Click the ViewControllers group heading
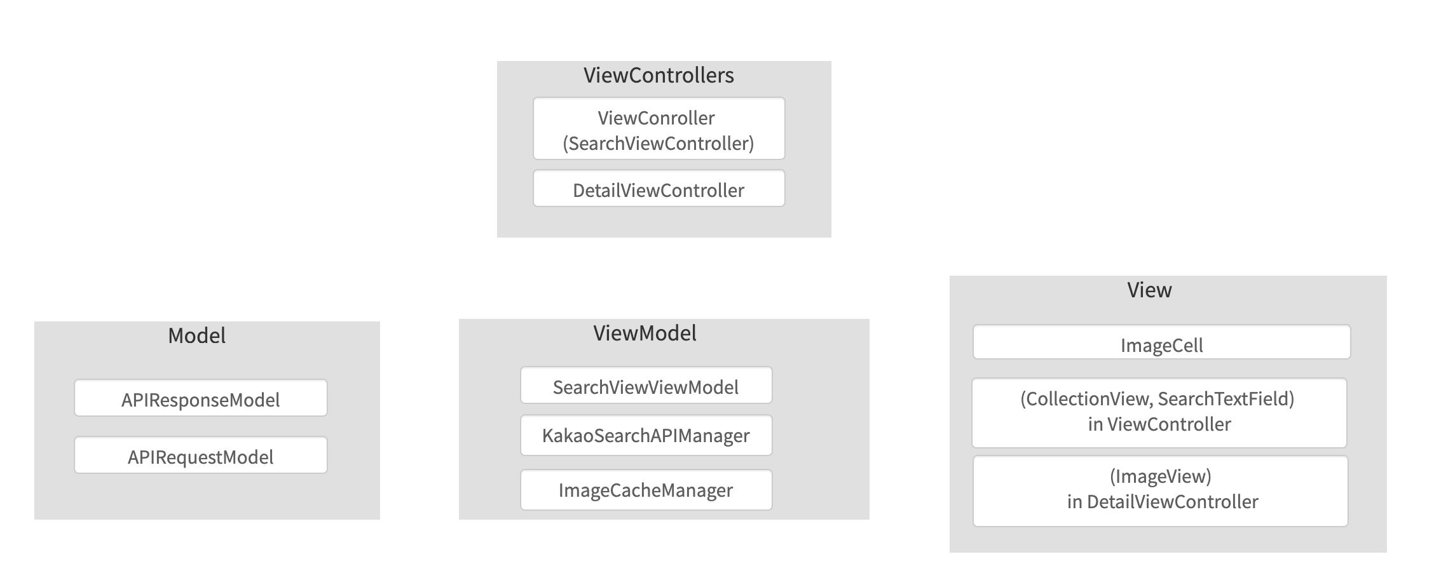click(659, 76)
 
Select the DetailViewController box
click(659, 189)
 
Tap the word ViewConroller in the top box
click(656, 118)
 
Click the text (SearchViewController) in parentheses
click(658, 144)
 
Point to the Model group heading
click(196, 335)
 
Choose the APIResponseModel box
click(200, 399)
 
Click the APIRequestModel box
click(200, 455)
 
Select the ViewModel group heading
click(645, 333)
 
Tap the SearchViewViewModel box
click(646, 386)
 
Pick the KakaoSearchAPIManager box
click(646, 436)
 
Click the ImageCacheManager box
click(646, 490)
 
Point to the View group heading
click(1149, 290)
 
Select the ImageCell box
click(1161, 344)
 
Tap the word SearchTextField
click(1226, 399)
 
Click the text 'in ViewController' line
click(1159, 424)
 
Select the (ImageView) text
click(1160, 476)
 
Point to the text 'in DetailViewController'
click(1162, 502)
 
